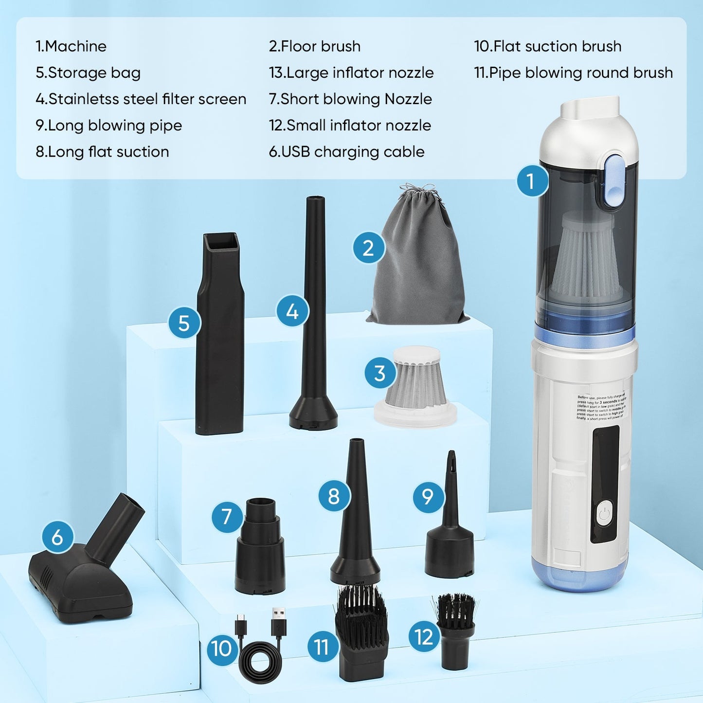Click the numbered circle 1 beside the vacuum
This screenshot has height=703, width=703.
coord(531,181)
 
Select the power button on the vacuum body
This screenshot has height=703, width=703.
coord(604,515)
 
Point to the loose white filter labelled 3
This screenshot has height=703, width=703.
coord(416,384)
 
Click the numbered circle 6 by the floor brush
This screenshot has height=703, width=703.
coord(57,537)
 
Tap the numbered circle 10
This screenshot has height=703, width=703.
coord(222,648)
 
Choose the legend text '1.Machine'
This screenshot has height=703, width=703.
coord(71,46)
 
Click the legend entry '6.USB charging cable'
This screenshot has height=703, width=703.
coord(346,152)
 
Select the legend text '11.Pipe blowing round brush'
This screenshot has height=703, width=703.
coord(574,72)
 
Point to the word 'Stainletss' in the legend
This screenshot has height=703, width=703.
coord(79,99)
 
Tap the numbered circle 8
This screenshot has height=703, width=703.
coord(334,496)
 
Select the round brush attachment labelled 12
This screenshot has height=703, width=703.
coord(455,632)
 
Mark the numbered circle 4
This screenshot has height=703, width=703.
coord(292,311)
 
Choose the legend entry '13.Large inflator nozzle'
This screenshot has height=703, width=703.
coord(351,72)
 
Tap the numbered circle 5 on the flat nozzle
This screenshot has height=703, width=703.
coord(184,323)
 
